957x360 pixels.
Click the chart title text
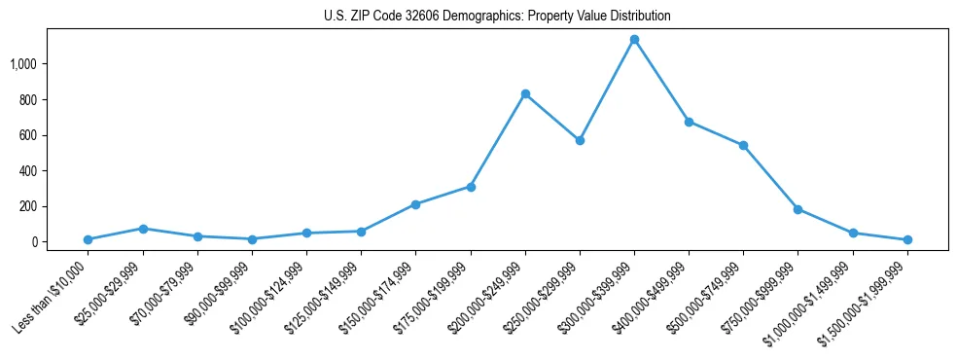tap(497, 17)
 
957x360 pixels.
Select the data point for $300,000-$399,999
tap(634, 40)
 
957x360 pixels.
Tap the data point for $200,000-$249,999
tap(525, 94)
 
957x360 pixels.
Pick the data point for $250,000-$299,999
tap(580, 140)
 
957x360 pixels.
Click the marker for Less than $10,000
tap(89, 239)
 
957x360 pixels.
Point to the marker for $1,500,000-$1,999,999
tap(907, 239)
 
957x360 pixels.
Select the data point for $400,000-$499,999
tap(689, 122)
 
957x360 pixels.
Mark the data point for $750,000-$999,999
tap(797, 209)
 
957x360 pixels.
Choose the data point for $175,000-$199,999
tap(471, 187)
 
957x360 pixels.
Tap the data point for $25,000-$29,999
tap(143, 229)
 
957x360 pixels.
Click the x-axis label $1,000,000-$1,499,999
tap(815, 294)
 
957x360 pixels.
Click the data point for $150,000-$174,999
tap(415, 204)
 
